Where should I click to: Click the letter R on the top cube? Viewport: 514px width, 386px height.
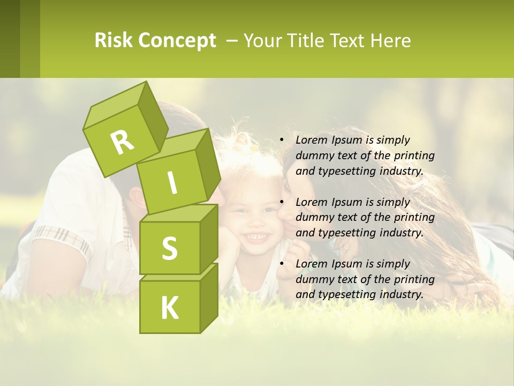pyautogui.click(x=122, y=142)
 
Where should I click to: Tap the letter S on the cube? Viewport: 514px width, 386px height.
pyautogui.click(x=169, y=248)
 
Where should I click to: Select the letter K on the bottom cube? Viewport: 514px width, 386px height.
pyautogui.click(x=169, y=308)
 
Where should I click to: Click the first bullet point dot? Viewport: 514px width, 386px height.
pyautogui.click(x=282, y=140)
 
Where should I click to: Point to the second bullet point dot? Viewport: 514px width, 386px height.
pyautogui.click(x=282, y=203)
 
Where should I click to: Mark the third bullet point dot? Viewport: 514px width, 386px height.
pyautogui.click(x=282, y=264)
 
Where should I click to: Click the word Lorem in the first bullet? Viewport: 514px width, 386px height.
pyautogui.click(x=310, y=140)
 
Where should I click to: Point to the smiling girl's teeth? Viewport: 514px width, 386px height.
pyautogui.click(x=256, y=235)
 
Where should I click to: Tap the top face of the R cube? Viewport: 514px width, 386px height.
pyautogui.click(x=115, y=105)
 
